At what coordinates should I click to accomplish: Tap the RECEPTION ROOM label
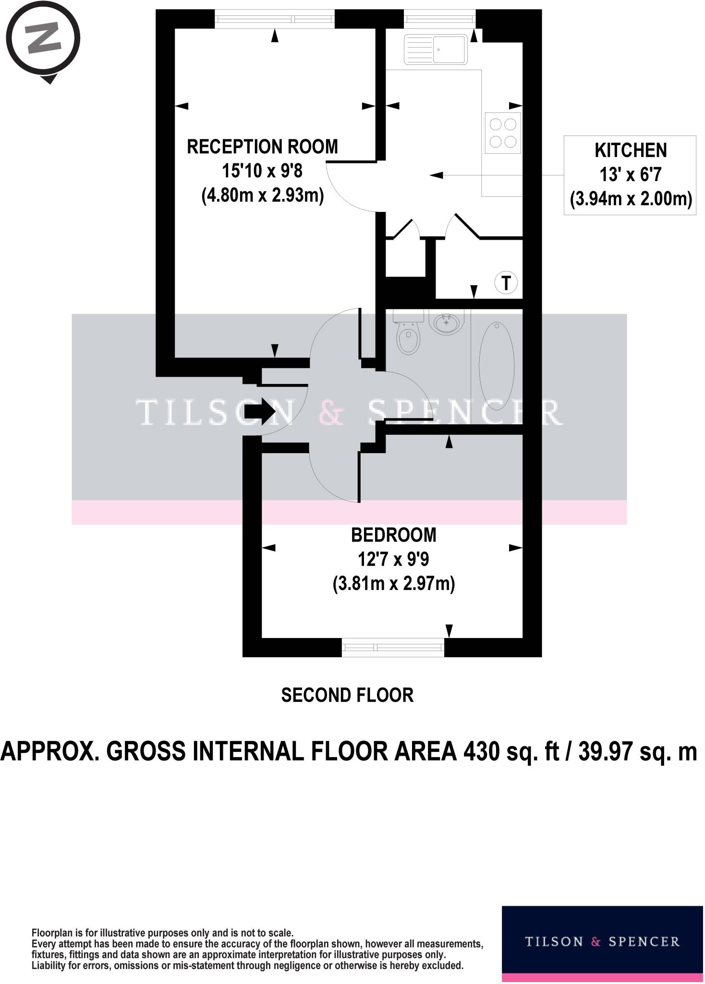tap(262, 147)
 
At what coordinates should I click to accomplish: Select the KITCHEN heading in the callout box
tap(630, 150)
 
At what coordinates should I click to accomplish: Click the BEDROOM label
tap(393, 535)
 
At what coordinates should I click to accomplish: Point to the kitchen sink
tap(435, 49)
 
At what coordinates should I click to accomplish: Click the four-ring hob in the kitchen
tap(502, 133)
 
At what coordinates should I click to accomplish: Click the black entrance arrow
tap(259, 412)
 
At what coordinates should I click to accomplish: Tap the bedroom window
tap(393, 648)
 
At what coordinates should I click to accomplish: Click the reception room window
tap(274, 19)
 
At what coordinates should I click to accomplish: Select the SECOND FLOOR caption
tap(347, 695)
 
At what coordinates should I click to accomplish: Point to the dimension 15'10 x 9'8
tap(262, 171)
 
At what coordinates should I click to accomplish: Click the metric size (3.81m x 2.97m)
tap(393, 584)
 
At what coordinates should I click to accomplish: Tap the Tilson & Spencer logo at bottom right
tap(602, 942)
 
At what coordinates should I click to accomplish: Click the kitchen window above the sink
tap(440, 19)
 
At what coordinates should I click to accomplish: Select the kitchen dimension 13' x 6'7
tap(630, 175)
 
